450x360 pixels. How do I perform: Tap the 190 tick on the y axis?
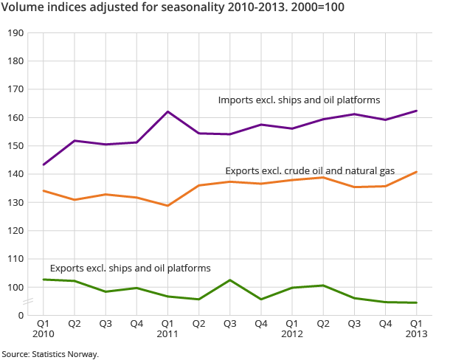coord(16,33)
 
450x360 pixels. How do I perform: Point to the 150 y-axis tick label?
coord(16,146)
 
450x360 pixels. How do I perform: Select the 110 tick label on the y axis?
coord(16,259)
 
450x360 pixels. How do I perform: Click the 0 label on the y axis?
coord(21,315)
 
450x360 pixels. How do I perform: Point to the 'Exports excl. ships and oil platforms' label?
coord(130,268)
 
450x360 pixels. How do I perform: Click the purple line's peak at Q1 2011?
coord(167,111)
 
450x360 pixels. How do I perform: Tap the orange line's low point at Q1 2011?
coord(167,206)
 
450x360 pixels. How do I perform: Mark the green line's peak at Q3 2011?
coord(230,280)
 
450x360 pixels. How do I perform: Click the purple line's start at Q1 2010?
coord(44,165)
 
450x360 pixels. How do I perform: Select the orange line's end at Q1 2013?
coord(417,172)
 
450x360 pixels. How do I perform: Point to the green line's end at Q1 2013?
coord(417,302)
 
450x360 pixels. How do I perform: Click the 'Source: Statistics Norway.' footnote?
coord(49,354)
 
